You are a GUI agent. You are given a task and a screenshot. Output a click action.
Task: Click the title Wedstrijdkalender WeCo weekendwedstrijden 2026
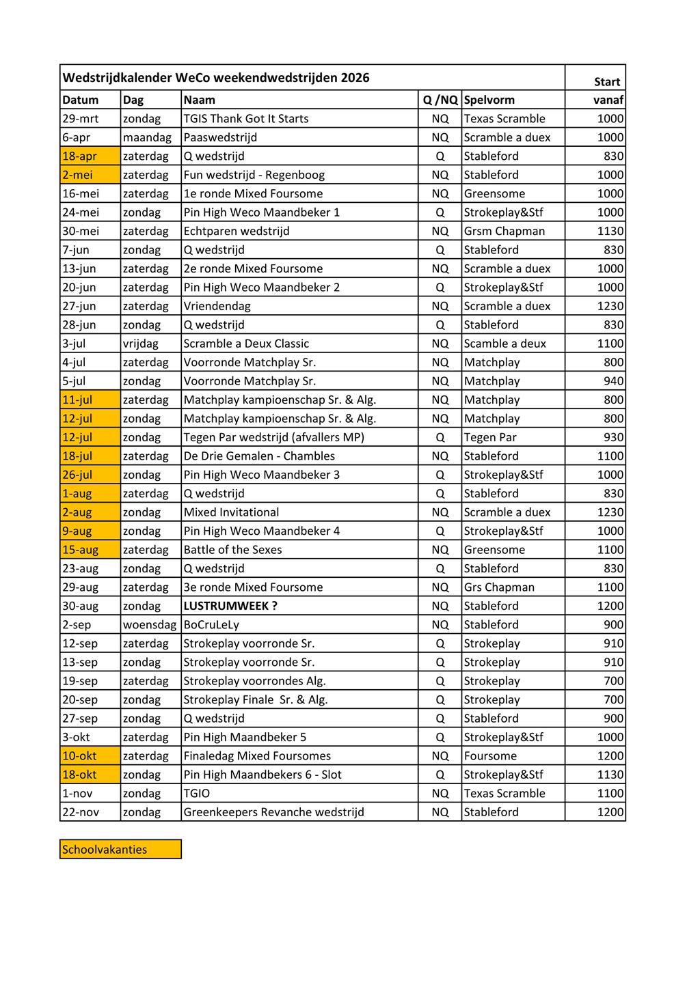(x=216, y=78)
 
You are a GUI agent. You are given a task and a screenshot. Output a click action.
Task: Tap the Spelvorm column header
(x=489, y=100)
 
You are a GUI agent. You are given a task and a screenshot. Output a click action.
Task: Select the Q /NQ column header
(x=440, y=100)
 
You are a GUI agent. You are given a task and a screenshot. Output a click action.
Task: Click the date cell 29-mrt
(x=81, y=119)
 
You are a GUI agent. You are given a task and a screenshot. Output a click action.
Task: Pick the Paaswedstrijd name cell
(x=220, y=137)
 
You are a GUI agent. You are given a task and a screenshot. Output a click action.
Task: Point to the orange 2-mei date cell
(x=78, y=175)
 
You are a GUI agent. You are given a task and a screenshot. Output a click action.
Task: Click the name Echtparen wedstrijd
(x=237, y=231)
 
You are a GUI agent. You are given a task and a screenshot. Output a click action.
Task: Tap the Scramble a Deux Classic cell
(x=246, y=344)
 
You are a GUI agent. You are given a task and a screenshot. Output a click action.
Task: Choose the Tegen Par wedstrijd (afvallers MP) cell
(x=273, y=437)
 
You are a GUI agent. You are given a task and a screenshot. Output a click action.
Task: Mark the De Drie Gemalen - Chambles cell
(x=259, y=456)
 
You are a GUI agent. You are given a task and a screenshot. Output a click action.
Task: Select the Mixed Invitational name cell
(x=231, y=512)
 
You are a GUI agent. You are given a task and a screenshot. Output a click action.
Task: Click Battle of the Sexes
(x=232, y=550)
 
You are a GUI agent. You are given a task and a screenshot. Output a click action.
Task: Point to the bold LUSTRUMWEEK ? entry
(x=230, y=606)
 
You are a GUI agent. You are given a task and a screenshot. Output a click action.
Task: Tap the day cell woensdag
(x=146, y=625)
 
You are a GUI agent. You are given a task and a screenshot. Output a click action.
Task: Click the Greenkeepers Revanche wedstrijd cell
(x=273, y=812)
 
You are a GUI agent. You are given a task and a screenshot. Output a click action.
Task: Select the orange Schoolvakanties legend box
(x=120, y=850)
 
